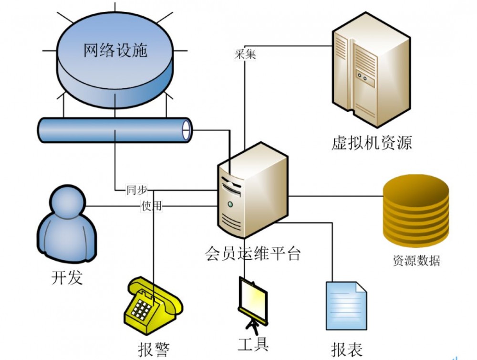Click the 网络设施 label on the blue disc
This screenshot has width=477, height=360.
[115, 50]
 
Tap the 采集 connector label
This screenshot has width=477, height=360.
[245, 54]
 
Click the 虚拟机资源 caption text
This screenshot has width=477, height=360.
[371, 142]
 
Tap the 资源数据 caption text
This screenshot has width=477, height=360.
[416, 261]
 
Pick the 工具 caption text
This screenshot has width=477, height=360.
[253, 343]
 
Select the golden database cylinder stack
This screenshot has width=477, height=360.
[416, 210]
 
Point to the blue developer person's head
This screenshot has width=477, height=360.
[67, 201]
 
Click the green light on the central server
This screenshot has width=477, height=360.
[230, 204]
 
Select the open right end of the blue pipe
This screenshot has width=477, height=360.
[187, 129]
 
